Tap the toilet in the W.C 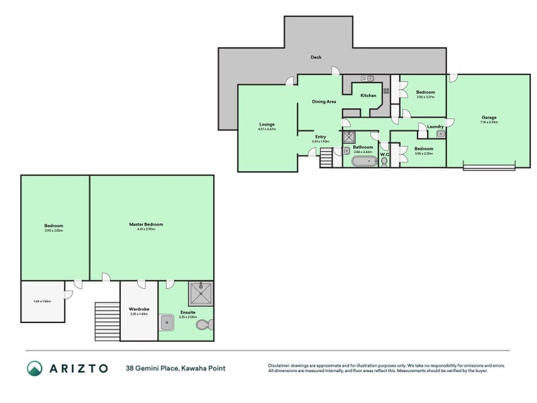tap(384, 161)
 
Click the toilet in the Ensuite tap(203, 325)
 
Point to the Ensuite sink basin tap(168, 324)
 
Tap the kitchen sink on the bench tap(369, 79)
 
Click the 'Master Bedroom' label tap(146, 224)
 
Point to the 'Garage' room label tap(489, 117)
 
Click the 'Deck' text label tap(315, 57)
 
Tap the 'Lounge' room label tap(267, 124)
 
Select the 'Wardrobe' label tap(138, 309)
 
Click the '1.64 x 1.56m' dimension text tap(42, 301)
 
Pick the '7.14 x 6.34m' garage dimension tap(489, 122)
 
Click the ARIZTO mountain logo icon tap(35, 368)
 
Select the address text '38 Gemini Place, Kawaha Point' tap(175, 368)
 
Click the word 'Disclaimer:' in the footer tap(281, 365)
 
